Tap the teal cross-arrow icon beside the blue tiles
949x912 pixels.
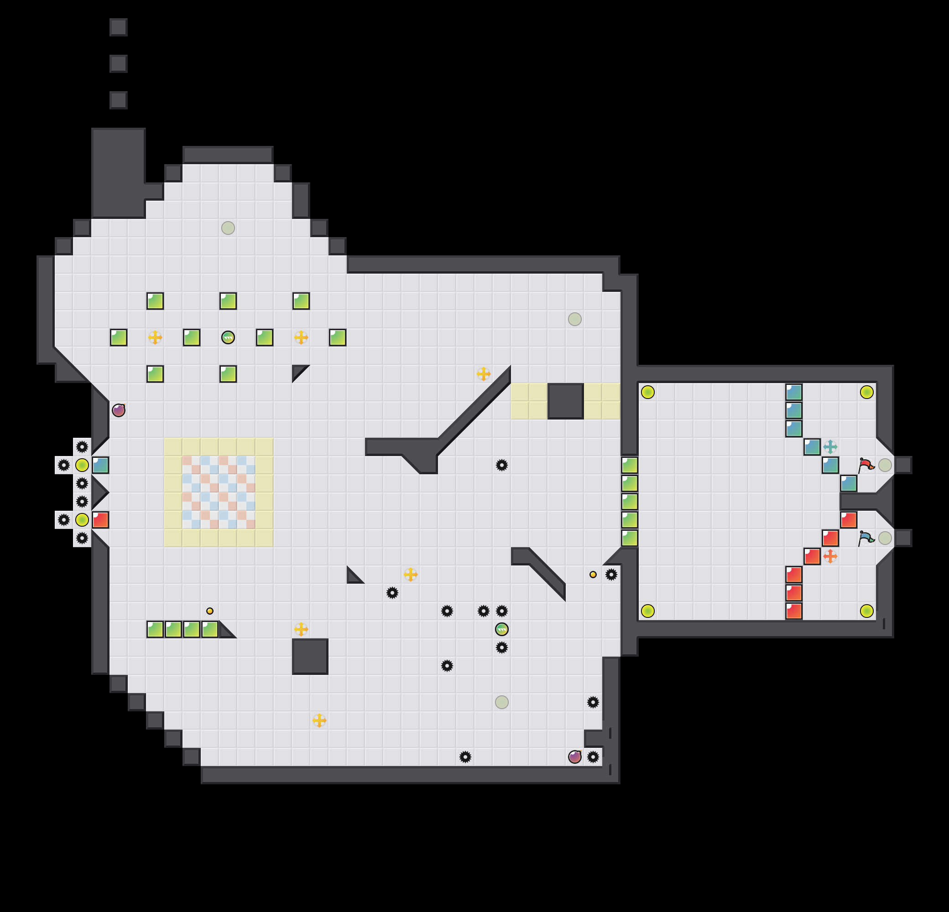[830, 446]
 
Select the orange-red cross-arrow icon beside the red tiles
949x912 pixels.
[830, 556]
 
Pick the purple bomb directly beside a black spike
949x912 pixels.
[575, 757]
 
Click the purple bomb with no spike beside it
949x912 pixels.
[119, 410]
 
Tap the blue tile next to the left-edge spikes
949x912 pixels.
[100, 465]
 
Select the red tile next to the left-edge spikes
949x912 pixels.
[100, 520]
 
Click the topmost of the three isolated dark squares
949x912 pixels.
[119, 27]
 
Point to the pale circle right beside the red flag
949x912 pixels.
[885, 465]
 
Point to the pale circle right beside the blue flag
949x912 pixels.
[885, 538]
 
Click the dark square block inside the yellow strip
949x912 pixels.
[566, 401]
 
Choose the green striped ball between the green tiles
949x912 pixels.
[228, 337]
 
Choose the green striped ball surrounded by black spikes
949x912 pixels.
[501, 629]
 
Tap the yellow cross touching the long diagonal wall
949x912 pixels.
[483, 374]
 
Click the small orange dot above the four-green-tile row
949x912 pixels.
[210, 611]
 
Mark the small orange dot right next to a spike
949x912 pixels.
[593, 574]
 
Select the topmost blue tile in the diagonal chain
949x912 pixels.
[793, 392]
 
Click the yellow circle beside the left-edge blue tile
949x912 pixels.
[82, 465]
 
